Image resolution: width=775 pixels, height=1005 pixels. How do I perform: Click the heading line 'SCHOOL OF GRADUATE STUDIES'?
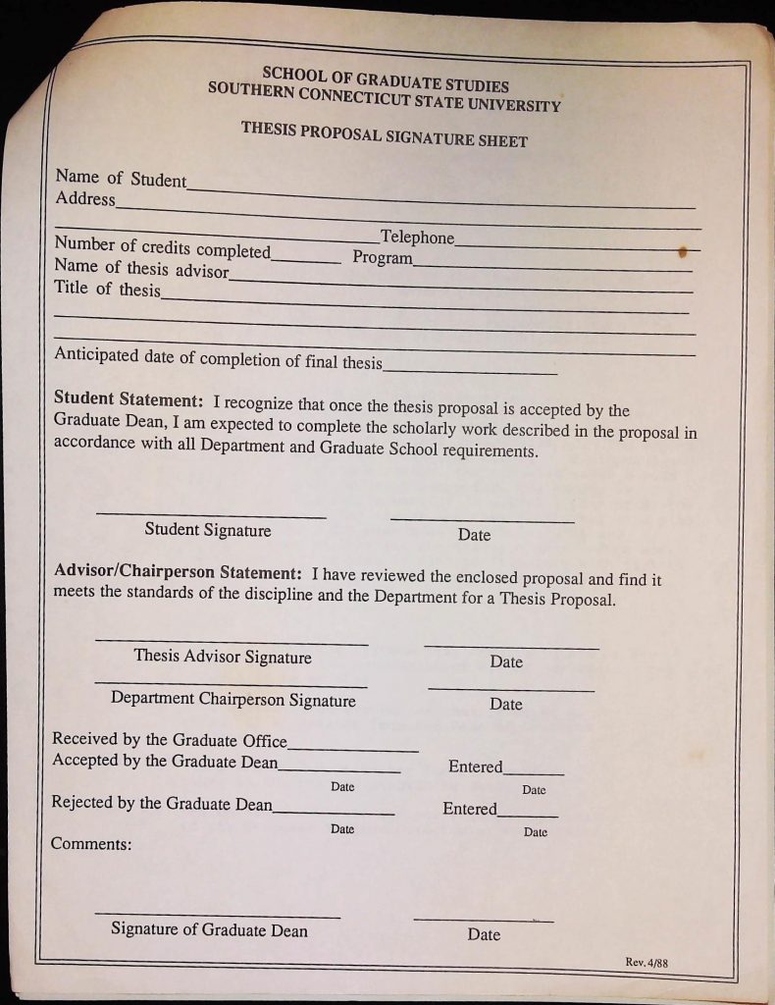(x=386, y=79)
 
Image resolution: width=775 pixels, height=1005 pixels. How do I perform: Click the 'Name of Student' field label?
(x=121, y=179)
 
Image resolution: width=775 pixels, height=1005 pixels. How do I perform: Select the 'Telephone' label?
(x=417, y=238)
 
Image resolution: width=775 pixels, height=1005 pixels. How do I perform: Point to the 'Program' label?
(x=383, y=258)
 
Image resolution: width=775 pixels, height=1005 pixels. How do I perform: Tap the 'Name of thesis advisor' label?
(x=141, y=268)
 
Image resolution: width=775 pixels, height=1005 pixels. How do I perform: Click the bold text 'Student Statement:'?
(x=129, y=400)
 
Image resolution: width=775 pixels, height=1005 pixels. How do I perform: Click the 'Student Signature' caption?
(x=208, y=530)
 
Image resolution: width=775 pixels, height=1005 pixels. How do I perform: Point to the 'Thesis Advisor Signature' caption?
(x=223, y=657)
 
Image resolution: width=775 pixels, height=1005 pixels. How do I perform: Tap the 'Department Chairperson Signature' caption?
(x=233, y=700)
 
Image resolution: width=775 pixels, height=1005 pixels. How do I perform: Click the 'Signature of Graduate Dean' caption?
(x=209, y=929)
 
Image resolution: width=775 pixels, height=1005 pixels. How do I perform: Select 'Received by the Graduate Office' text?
(x=170, y=740)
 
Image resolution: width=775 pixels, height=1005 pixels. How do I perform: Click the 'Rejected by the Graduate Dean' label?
(x=162, y=803)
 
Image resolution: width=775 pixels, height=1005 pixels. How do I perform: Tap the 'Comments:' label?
(x=91, y=843)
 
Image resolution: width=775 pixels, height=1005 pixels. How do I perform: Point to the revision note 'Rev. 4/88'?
(x=646, y=963)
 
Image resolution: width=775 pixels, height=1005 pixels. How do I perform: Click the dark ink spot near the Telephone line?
(x=683, y=252)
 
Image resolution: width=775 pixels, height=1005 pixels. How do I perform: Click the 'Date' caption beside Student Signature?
(x=474, y=535)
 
